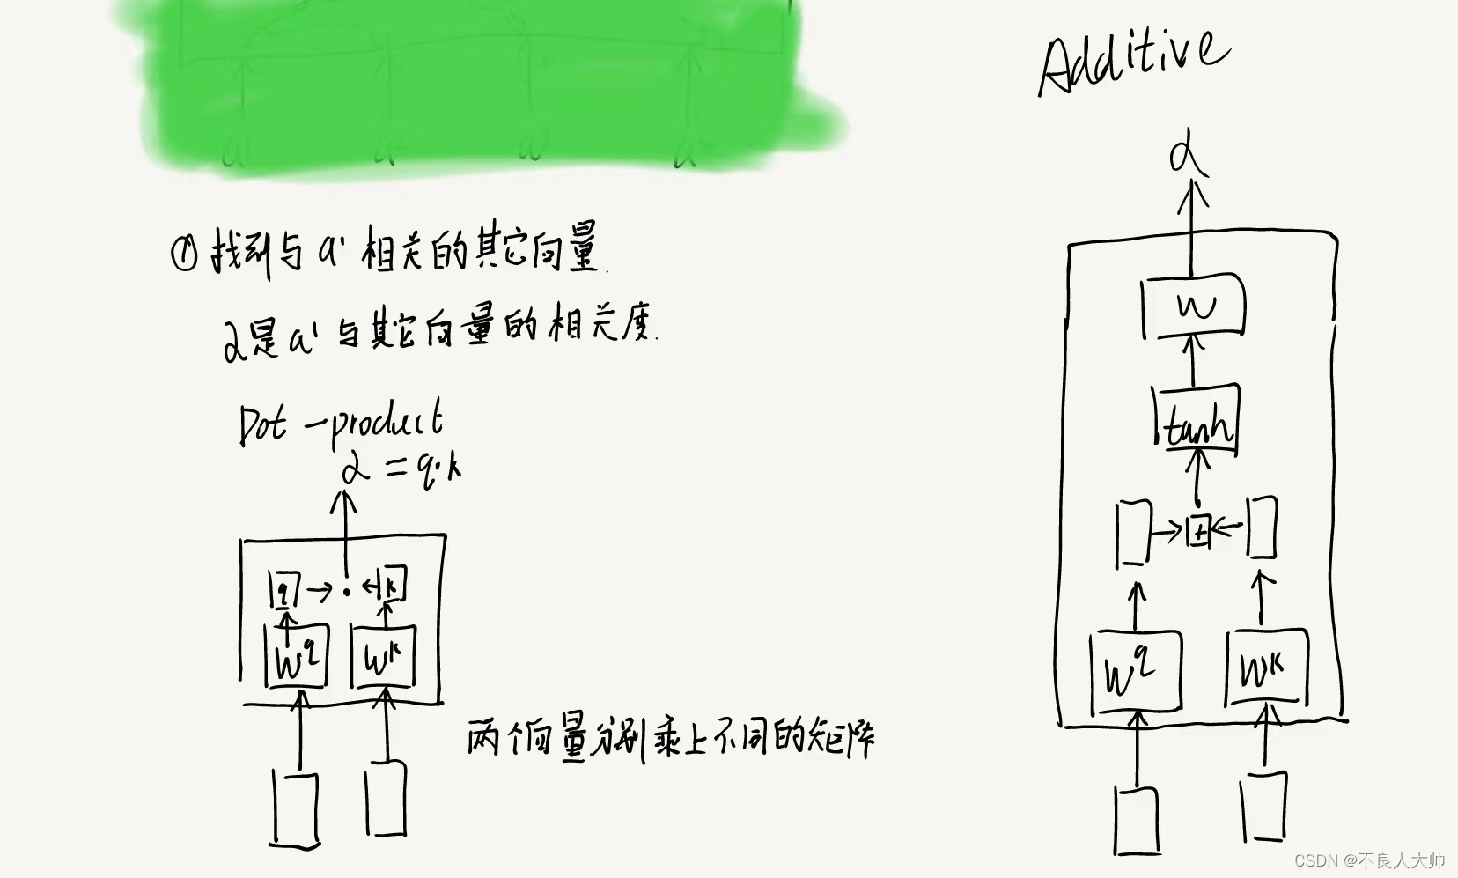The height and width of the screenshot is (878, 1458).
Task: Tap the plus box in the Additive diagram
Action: tap(1198, 531)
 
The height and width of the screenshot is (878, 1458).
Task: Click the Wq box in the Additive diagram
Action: tap(1134, 672)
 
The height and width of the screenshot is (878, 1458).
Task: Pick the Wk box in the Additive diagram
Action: tap(1265, 669)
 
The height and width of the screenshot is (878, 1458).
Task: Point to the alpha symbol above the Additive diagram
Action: tap(1188, 159)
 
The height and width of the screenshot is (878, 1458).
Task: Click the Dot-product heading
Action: tap(341, 423)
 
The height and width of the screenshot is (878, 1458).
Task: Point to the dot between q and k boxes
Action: tap(347, 591)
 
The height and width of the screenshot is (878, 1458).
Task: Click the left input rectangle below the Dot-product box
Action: tap(295, 807)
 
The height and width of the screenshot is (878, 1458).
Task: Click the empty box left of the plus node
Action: tap(1133, 531)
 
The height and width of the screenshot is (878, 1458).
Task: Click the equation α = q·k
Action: tap(401, 471)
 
